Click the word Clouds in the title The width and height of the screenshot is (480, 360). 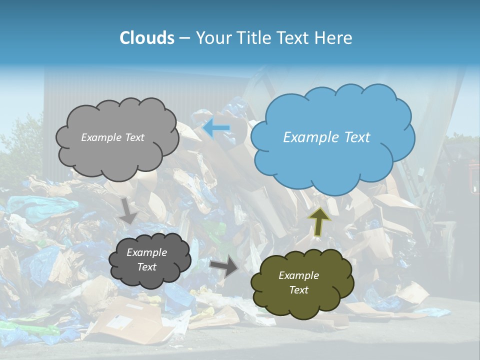click(x=146, y=38)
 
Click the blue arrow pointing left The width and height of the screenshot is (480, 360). click(x=216, y=128)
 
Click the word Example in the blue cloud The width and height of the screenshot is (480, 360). click(x=309, y=137)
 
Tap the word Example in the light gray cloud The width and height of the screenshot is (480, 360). click(x=100, y=137)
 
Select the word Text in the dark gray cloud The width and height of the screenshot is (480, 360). click(x=147, y=267)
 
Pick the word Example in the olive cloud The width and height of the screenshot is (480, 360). click(x=298, y=275)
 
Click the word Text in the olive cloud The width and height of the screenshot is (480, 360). click(x=298, y=290)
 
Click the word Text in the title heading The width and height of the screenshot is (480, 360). click(x=298, y=38)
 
